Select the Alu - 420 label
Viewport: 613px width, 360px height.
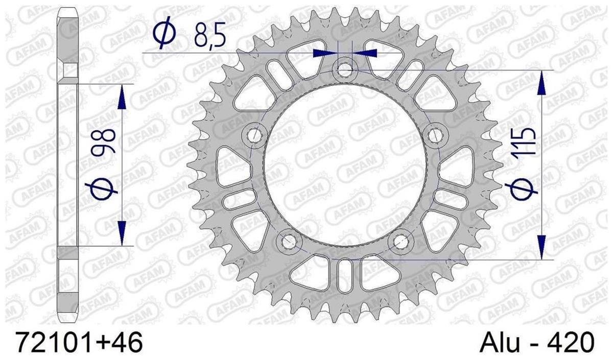(537, 342)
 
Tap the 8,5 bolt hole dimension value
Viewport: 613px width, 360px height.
(210, 36)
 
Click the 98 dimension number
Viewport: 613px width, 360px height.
(103, 142)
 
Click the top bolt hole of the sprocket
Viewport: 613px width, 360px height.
(345, 69)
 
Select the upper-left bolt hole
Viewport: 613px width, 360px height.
(254, 134)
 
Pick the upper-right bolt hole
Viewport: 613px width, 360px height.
(435, 135)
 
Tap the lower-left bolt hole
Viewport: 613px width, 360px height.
(289, 242)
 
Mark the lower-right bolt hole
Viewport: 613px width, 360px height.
(401, 242)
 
